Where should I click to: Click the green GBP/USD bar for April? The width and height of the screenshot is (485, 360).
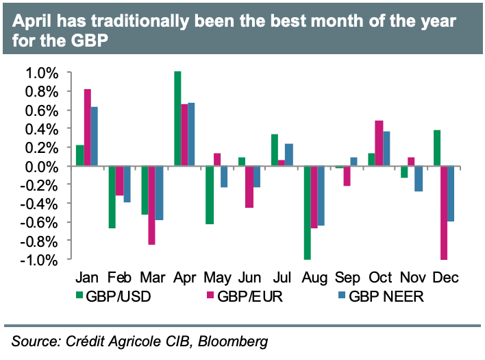click(177, 119)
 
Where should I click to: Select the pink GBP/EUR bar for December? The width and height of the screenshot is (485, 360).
click(444, 213)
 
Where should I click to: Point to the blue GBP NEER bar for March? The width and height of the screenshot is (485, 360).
click(159, 193)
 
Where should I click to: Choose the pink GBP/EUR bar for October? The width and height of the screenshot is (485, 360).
click(379, 143)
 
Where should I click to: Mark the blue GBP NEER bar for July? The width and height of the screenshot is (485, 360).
click(288, 155)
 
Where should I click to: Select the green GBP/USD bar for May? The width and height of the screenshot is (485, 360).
click(210, 195)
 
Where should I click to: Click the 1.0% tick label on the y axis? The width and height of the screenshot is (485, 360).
click(43, 73)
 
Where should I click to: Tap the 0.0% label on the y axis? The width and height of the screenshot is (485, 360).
click(43, 167)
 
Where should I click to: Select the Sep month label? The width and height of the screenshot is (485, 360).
click(347, 278)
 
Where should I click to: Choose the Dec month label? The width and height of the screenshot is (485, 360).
click(445, 278)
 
